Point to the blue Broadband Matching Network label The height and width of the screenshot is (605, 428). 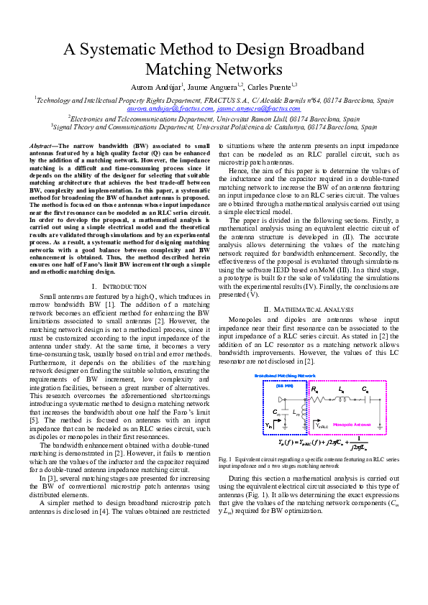(286, 376)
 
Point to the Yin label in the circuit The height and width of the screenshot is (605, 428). (270, 426)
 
